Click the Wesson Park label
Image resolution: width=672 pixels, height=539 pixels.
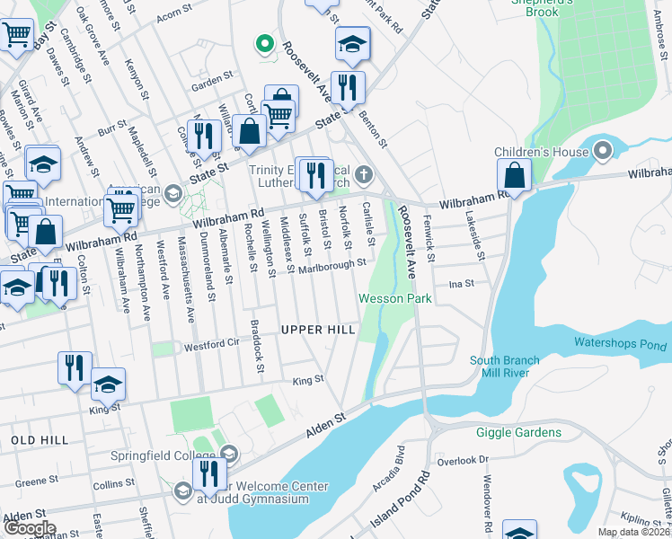[x=395, y=298]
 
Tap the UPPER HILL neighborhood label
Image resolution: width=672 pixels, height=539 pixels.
[x=318, y=330]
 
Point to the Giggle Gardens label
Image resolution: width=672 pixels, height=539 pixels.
[x=526, y=432]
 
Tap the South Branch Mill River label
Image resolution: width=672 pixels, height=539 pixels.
[x=505, y=367]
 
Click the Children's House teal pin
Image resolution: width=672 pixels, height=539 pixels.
[x=603, y=149]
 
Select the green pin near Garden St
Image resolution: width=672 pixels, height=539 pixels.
[x=264, y=42]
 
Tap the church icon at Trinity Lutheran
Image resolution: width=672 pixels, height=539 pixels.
[x=363, y=173]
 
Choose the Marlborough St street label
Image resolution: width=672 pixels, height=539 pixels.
[x=332, y=264]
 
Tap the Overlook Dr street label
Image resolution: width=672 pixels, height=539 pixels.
[x=470, y=459]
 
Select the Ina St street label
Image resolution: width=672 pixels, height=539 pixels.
[x=461, y=283]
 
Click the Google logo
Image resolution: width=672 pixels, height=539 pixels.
[x=29, y=528]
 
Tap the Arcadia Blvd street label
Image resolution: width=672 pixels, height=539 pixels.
[x=395, y=475]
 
